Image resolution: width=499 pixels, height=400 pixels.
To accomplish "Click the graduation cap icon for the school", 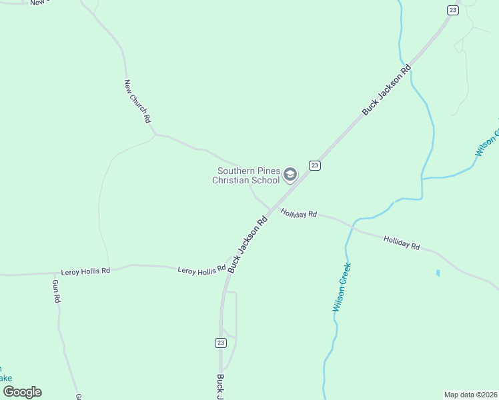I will (x=290, y=175).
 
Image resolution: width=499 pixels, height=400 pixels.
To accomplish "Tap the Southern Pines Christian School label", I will (x=246, y=175).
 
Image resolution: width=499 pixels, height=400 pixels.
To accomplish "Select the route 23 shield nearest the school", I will (x=315, y=165).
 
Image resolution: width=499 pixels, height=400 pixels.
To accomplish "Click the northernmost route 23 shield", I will (x=453, y=9).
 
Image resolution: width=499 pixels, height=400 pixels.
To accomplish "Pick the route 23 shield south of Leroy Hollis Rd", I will (x=221, y=343).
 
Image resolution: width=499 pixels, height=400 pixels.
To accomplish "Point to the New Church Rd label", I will (x=138, y=101).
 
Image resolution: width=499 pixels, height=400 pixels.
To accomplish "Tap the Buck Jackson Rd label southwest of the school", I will (x=247, y=243).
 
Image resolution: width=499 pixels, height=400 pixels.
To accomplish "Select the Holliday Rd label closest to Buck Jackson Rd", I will (x=298, y=214).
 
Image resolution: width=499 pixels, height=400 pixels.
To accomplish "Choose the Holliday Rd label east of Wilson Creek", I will (x=402, y=243).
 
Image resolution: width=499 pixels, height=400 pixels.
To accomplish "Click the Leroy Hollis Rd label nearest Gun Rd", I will (x=85, y=272).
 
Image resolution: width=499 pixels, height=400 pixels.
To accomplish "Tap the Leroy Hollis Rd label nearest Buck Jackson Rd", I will (x=201, y=270).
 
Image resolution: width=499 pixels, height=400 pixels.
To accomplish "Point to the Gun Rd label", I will (x=56, y=291).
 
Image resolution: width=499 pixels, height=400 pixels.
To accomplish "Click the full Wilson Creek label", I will (x=341, y=287).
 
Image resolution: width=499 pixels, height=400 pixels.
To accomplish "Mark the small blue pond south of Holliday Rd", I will (x=438, y=273).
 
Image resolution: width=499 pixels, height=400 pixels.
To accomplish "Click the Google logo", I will (x=23, y=392).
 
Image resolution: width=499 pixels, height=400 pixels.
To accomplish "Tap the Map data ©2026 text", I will (x=470, y=394).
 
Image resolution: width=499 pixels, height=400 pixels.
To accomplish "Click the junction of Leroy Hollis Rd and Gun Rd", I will (x=55, y=273).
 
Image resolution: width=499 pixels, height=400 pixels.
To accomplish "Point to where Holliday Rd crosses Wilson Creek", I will (x=352, y=227).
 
